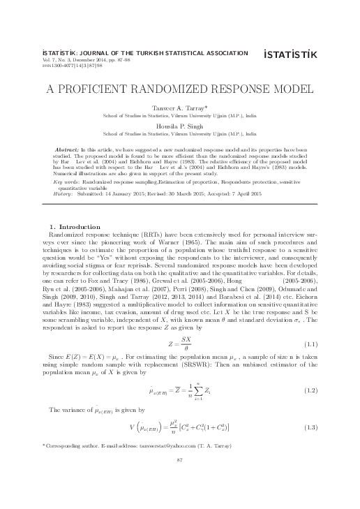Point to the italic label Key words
pos(66,180)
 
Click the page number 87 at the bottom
pos(180,479)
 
